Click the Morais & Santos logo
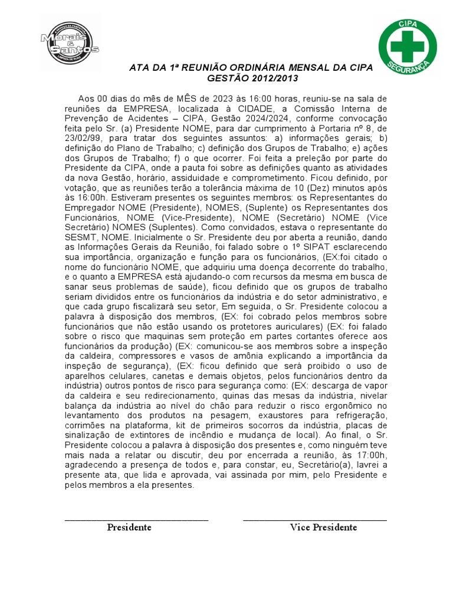(70, 42)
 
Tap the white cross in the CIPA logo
(408, 44)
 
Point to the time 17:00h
(372, 455)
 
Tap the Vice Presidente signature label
(323, 527)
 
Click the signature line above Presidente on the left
(136, 519)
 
